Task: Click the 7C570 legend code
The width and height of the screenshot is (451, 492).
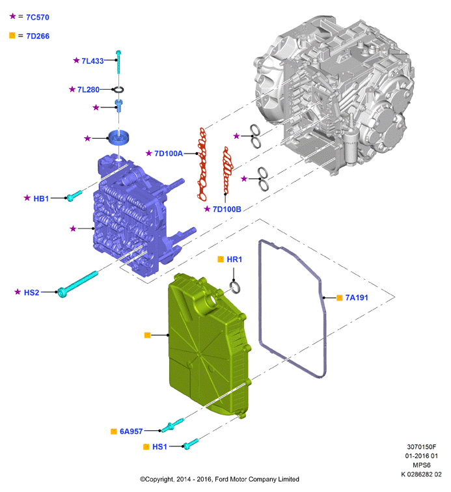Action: pyautogui.click(x=38, y=18)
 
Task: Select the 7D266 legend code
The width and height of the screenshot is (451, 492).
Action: pyautogui.click(x=38, y=36)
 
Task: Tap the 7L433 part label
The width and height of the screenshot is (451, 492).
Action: pyautogui.click(x=92, y=61)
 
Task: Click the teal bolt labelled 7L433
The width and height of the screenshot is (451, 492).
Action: pyautogui.click(x=118, y=62)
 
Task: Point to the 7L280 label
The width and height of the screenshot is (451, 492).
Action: pyautogui.click(x=89, y=90)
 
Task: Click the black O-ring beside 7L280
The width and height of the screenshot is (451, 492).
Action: pyautogui.click(x=118, y=90)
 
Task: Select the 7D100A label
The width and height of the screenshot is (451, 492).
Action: pyautogui.click(x=169, y=154)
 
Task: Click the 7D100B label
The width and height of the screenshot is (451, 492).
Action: pyautogui.click(x=227, y=210)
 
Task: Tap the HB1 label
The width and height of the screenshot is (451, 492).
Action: pyautogui.click(x=41, y=198)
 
